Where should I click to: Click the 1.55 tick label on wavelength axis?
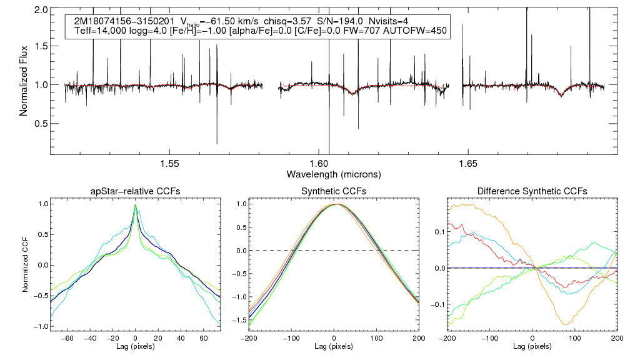[170, 164]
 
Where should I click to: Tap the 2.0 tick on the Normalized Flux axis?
[42, 11]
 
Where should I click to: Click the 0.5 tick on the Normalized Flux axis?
[42, 123]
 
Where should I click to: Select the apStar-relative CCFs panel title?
[135, 191]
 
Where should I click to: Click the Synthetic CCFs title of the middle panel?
[334, 191]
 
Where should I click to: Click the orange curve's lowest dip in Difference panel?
[565, 324]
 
